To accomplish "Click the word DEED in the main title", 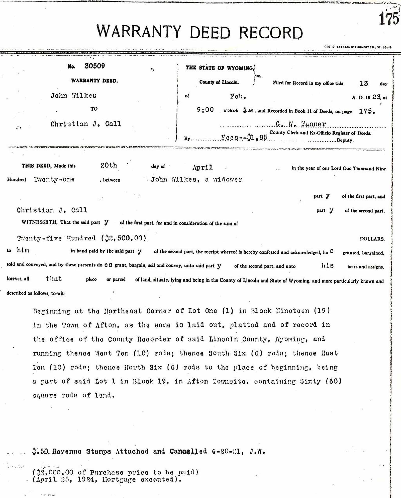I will (x=210, y=32).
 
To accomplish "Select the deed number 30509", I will (x=94, y=66).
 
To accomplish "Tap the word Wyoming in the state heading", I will (x=240, y=68).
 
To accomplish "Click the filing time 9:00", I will (x=205, y=110).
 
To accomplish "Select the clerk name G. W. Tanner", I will (x=301, y=124).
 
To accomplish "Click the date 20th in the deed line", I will (x=109, y=165).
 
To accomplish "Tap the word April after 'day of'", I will (x=203, y=167).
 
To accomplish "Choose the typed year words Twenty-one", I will (x=54, y=179).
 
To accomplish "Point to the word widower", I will (x=227, y=179).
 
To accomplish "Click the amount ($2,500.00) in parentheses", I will (x=124, y=238).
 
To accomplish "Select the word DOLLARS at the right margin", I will (x=372, y=239).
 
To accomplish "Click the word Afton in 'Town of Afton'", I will (x=106, y=325).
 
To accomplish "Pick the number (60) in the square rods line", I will (x=333, y=381).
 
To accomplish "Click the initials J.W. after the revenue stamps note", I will (x=257, y=452).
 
